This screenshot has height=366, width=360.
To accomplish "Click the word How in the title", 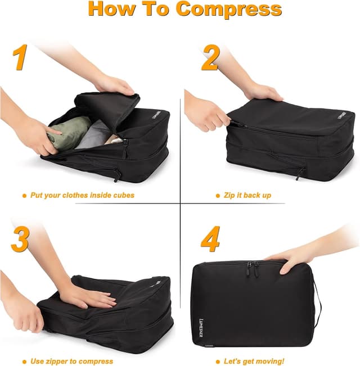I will [113, 9].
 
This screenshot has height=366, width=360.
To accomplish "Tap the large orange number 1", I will [21, 58].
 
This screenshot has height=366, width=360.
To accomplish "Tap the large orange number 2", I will [210, 58].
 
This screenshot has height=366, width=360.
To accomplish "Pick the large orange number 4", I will [210, 240].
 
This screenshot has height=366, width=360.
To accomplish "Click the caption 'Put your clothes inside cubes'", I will [82, 195].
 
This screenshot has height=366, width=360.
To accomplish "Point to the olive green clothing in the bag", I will [69, 133].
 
